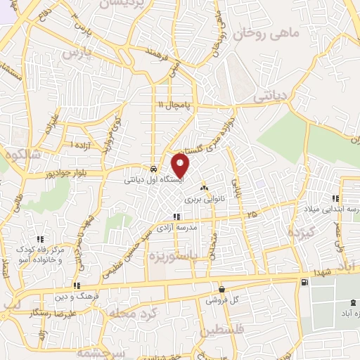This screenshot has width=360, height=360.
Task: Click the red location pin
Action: pyautogui.click(x=181, y=165)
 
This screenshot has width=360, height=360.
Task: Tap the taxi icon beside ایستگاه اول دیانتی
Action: pyautogui.click(x=153, y=169)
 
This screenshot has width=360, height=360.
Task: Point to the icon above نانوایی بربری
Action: pyautogui.click(x=204, y=188)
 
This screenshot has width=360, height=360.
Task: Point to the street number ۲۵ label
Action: pyautogui.click(x=252, y=212)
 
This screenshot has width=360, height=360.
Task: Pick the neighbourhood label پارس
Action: pyautogui.click(x=75, y=53)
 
